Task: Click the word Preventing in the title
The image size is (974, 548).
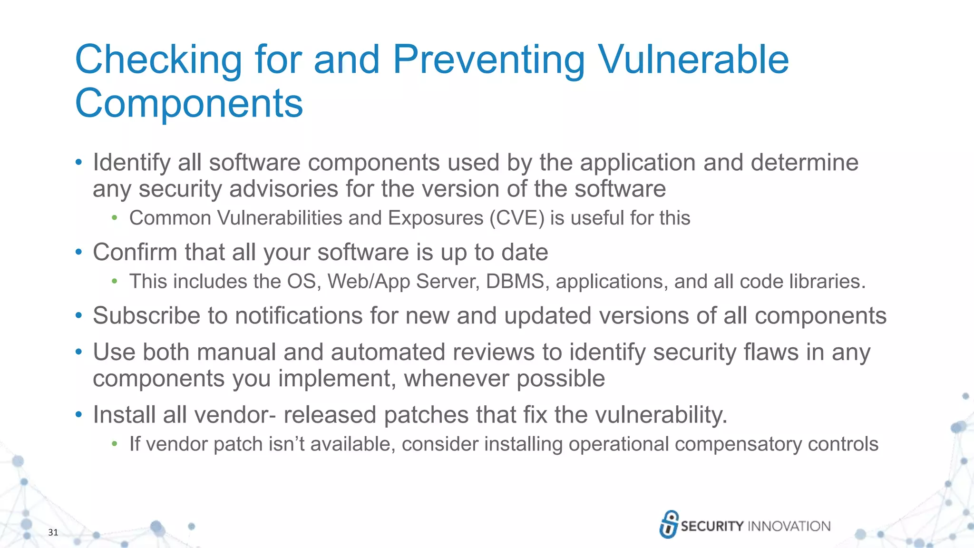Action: pyautogui.click(x=488, y=60)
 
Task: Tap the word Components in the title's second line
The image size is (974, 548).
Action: pyautogui.click(x=189, y=103)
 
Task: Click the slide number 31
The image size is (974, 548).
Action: pyautogui.click(x=53, y=532)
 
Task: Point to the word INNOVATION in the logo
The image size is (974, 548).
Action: pyautogui.click(x=789, y=526)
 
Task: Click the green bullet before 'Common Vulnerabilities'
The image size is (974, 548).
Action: pyautogui.click(x=114, y=218)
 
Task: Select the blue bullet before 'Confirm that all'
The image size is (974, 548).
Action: pyautogui.click(x=79, y=252)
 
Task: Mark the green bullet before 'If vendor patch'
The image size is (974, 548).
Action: pyautogui.click(x=114, y=444)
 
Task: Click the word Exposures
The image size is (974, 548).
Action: pyautogui.click(x=435, y=218)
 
